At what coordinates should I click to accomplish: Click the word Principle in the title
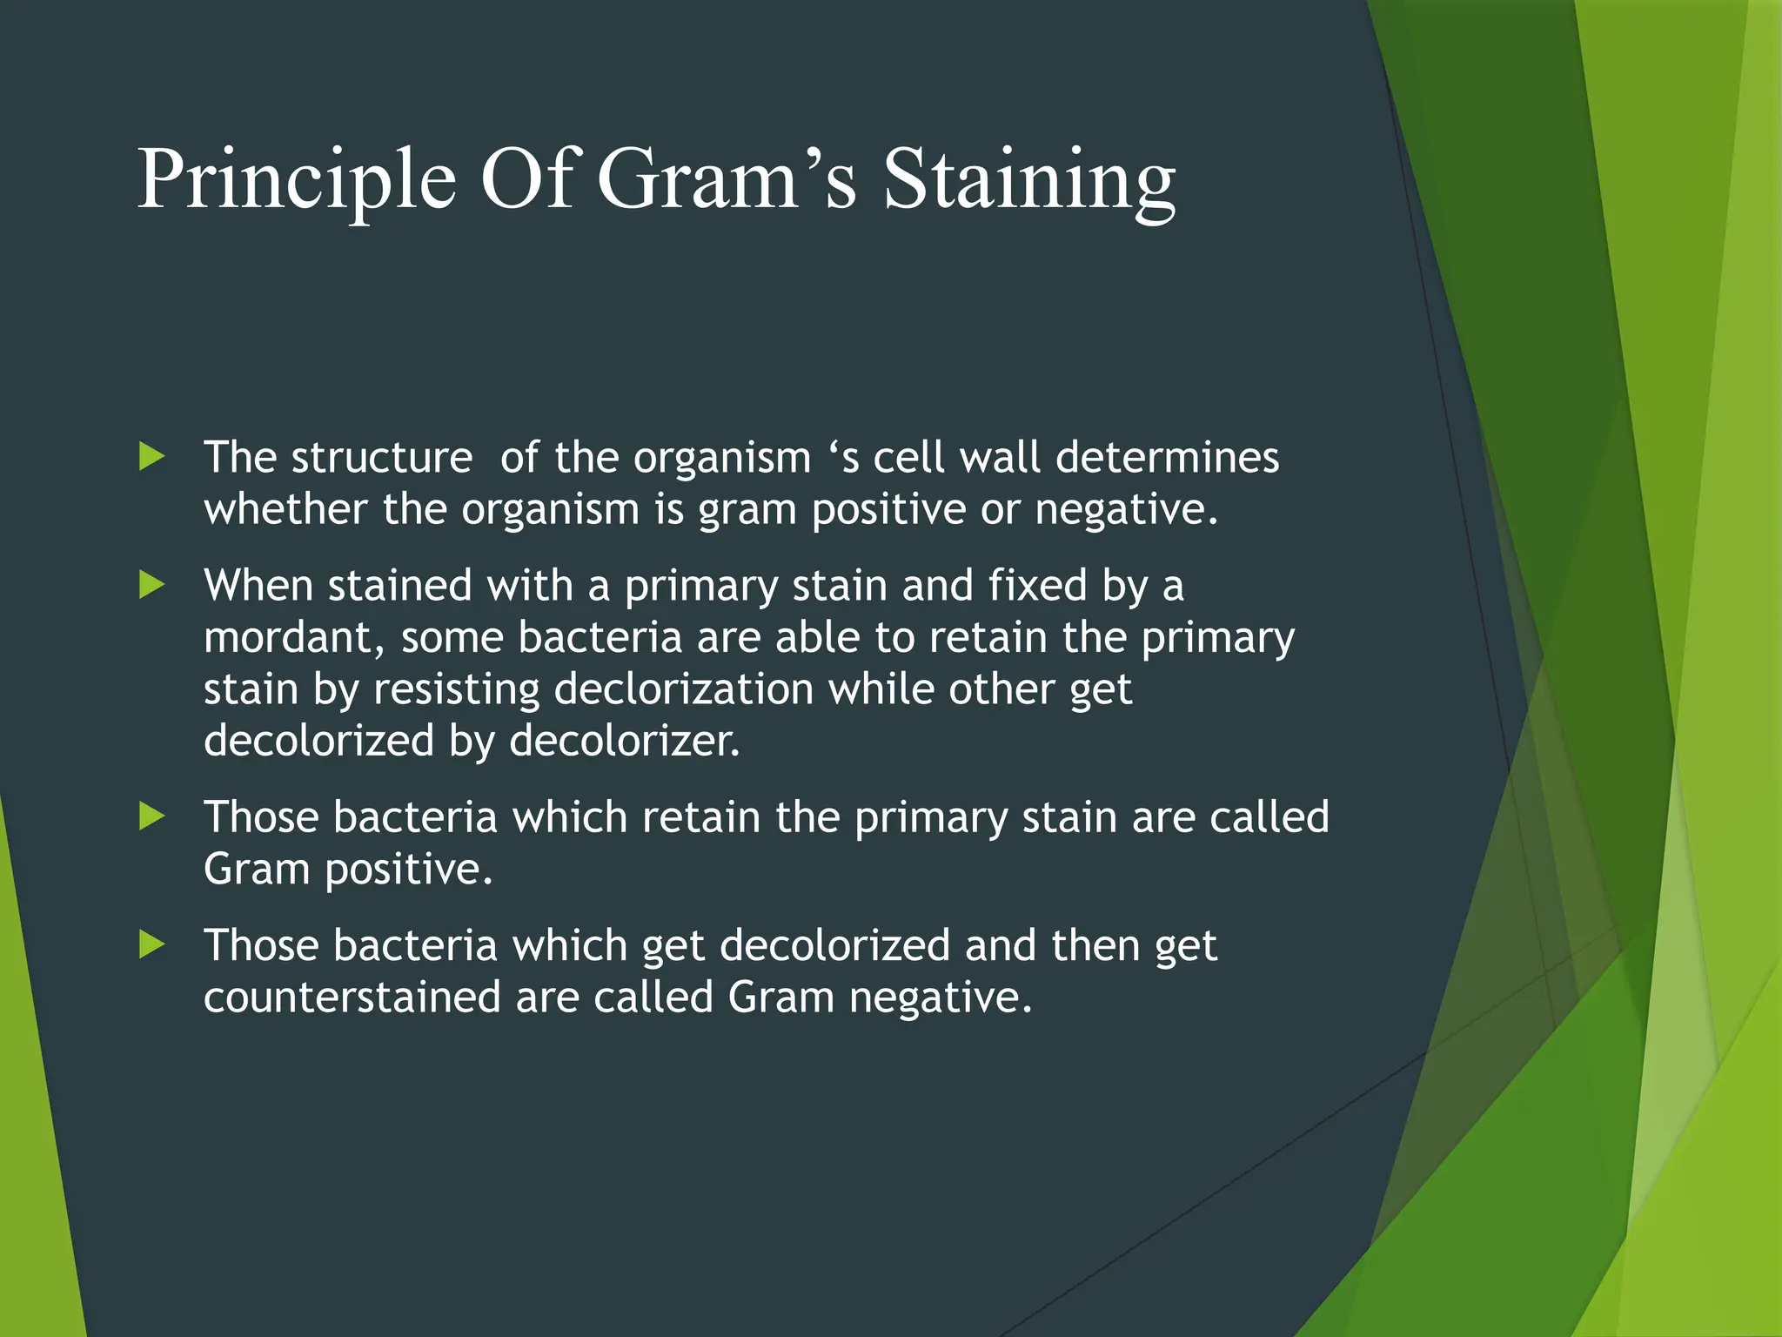click(x=297, y=181)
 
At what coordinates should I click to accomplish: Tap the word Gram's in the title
click(x=727, y=179)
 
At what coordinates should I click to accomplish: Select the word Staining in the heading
click(x=1029, y=181)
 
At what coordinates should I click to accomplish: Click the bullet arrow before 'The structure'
click(x=152, y=456)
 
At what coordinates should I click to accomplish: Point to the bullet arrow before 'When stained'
click(x=152, y=585)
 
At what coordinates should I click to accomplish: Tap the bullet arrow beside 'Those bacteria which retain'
click(x=152, y=816)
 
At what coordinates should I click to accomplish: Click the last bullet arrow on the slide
click(x=152, y=944)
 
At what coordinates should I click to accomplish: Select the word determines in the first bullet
click(x=1167, y=457)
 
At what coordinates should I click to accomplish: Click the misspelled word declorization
click(x=684, y=689)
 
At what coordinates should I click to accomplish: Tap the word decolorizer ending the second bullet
click(x=624, y=741)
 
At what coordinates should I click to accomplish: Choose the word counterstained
click(x=352, y=997)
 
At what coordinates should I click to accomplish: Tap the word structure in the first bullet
click(x=381, y=458)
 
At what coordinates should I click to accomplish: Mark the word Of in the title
click(x=526, y=179)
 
